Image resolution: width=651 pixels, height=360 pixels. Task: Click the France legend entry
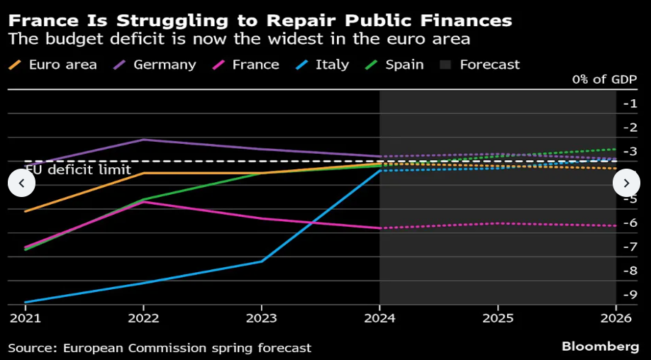click(x=246, y=64)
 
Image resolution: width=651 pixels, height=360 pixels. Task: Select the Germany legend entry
click(x=156, y=64)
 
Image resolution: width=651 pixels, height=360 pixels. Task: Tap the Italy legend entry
click(x=323, y=64)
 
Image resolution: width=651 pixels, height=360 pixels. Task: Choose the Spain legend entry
click(x=396, y=64)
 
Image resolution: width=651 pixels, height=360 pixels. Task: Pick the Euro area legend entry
click(x=53, y=64)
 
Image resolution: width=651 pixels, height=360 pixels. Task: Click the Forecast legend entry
click(x=481, y=64)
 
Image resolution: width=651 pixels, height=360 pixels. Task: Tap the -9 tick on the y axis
click(x=630, y=294)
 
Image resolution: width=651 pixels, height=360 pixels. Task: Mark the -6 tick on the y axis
click(x=630, y=223)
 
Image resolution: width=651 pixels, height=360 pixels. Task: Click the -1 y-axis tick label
click(x=630, y=103)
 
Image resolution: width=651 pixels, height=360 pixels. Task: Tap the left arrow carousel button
click(x=21, y=183)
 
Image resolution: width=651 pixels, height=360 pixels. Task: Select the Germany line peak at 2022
click(x=143, y=139)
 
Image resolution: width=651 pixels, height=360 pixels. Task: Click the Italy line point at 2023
click(x=262, y=261)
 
